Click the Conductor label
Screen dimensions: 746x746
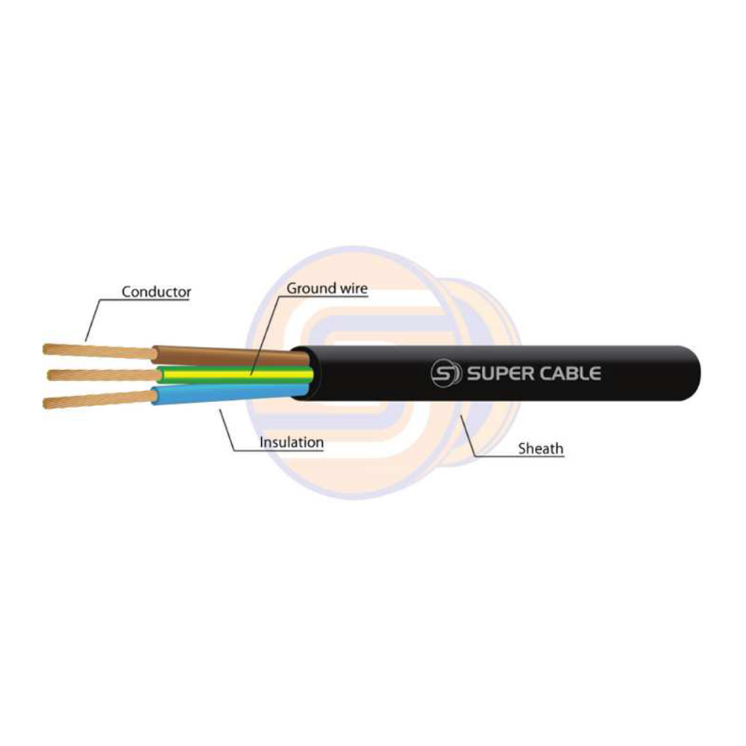click(x=156, y=292)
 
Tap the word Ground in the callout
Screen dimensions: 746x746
click(x=308, y=287)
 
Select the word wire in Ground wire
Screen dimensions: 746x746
click(x=350, y=287)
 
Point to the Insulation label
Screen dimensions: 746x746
click(x=291, y=442)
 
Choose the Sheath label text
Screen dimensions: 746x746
click(x=541, y=448)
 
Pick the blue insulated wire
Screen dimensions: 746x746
click(x=224, y=395)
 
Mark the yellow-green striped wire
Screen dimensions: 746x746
click(x=224, y=374)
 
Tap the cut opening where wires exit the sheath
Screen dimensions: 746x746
click(x=301, y=373)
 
